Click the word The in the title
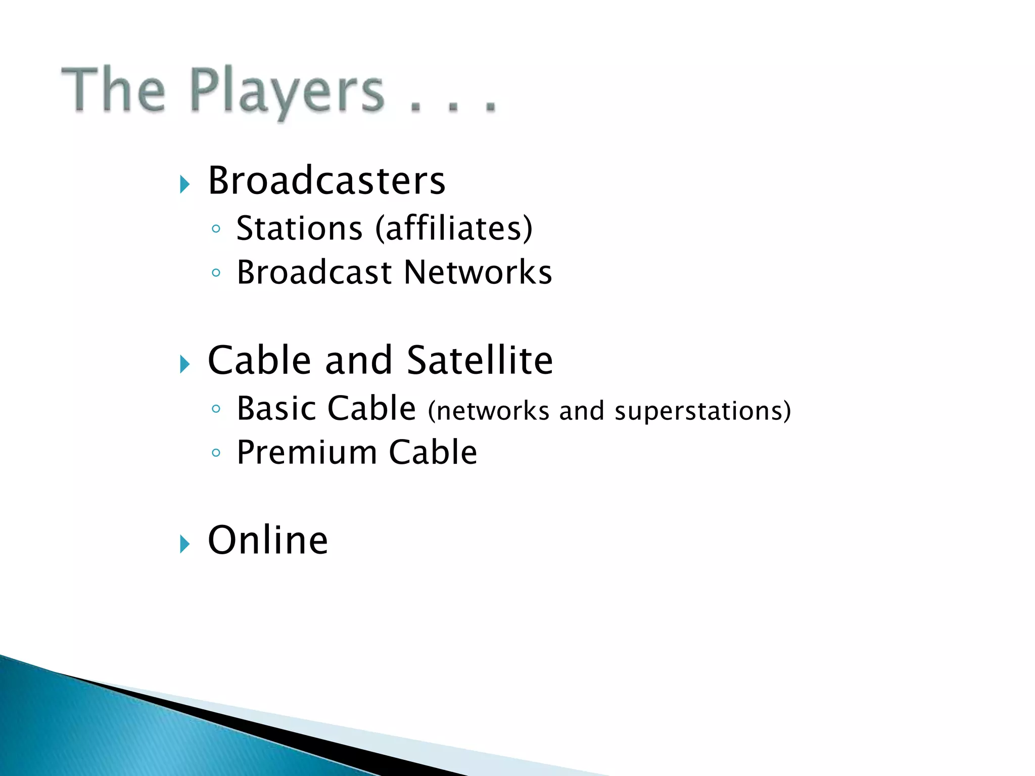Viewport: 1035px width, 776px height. [x=113, y=90]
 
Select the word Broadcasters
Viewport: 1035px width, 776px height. [x=326, y=180]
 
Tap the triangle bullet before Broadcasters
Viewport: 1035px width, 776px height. [x=184, y=185]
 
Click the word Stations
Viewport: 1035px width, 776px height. [x=299, y=228]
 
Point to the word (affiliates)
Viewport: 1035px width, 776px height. [x=454, y=228]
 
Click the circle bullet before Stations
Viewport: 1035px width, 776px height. [x=216, y=229]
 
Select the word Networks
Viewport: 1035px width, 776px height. [x=478, y=272]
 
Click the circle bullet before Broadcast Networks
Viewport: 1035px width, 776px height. [x=216, y=273]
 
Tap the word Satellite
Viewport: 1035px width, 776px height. [x=480, y=360]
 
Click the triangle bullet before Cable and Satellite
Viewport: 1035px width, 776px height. [x=184, y=364]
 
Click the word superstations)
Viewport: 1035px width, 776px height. [x=702, y=411]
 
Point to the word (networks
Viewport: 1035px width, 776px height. [x=488, y=411]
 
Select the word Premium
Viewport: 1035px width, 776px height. [x=306, y=452]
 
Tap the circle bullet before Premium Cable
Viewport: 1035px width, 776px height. [x=216, y=453]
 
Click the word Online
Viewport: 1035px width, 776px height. [x=268, y=540]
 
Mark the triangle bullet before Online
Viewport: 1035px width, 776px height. [x=184, y=545]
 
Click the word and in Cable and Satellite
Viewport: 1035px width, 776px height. [x=358, y=360]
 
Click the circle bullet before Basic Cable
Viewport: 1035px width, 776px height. [x=216, y=409]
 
